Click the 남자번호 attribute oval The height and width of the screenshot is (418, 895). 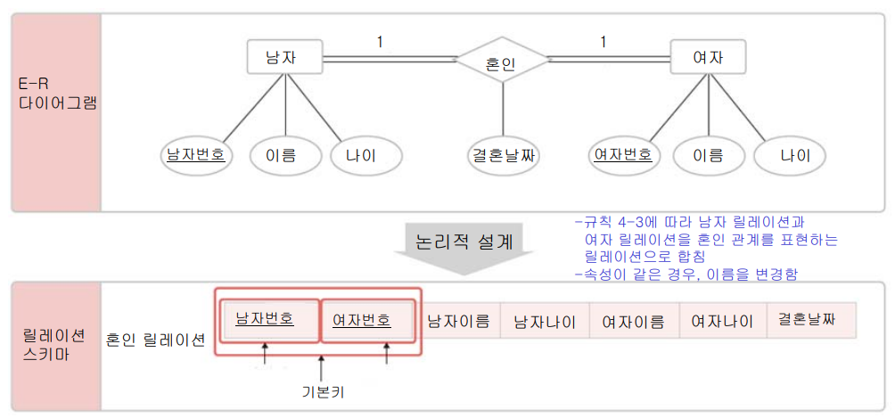click(196, 155)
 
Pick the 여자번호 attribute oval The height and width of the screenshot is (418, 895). click(623, 155)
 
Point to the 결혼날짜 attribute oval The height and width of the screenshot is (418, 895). click(504, 156)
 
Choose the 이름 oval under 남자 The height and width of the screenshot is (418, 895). click(282, 156)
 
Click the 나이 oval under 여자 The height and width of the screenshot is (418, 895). click(795, 156)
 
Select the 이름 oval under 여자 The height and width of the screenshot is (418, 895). click(708, 156)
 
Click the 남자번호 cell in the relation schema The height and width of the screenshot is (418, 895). click(266, 320)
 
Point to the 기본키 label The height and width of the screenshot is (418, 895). click(322, 390)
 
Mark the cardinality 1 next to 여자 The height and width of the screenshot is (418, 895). click(604, 41)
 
